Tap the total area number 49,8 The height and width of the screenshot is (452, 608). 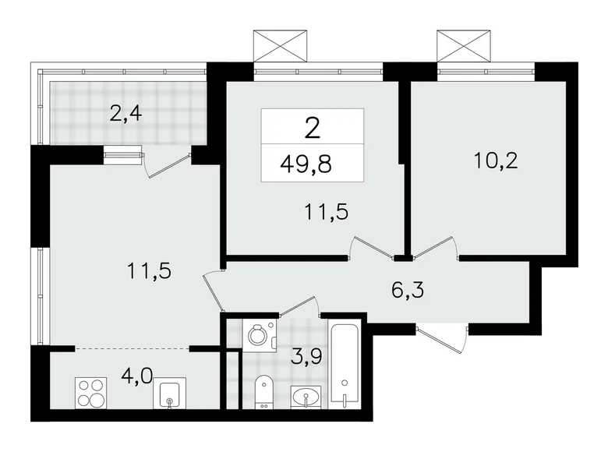click(312, 164)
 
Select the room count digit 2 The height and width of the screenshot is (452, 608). click(312, 127)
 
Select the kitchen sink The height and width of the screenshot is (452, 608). click(169, 395)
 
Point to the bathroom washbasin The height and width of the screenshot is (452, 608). click(306, 397)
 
